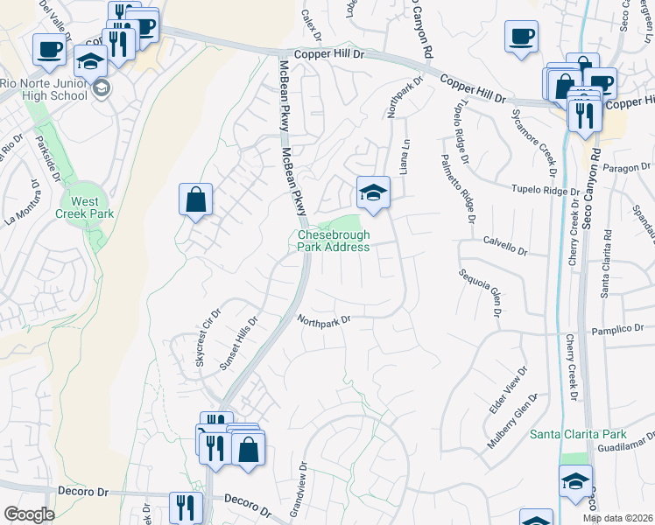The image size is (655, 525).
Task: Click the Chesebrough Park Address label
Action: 333,241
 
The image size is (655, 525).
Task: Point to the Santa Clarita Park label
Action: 579,434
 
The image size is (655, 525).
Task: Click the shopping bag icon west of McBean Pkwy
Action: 195,199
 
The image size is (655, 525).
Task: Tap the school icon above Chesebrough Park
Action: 373,192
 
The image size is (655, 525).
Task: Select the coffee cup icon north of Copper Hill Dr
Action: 521,37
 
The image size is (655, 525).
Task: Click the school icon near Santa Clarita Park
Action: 574,482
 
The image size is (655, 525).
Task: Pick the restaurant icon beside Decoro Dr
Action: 185,507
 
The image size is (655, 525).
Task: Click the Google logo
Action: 29,514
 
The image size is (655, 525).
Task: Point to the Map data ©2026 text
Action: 618,518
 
